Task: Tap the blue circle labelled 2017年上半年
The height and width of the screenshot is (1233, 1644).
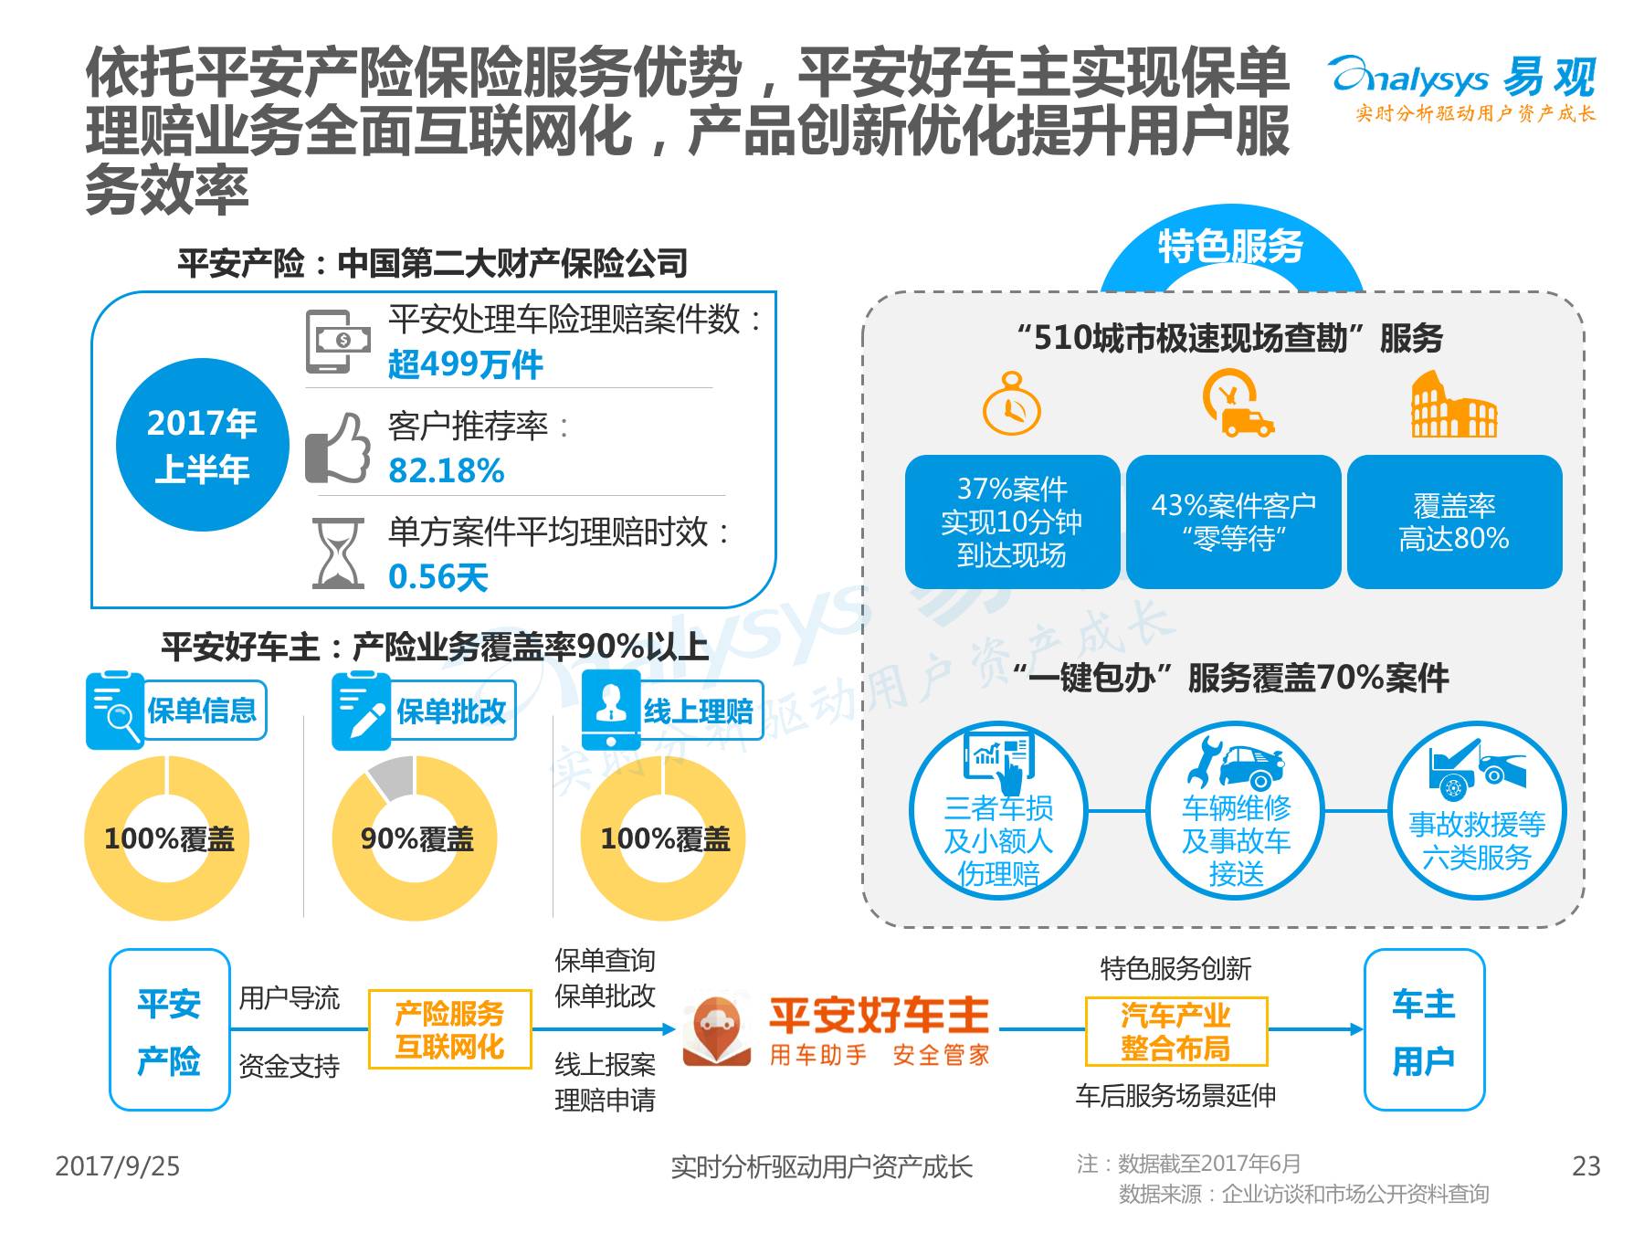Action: point(202,446)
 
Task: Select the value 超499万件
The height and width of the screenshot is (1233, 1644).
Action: point(465,364)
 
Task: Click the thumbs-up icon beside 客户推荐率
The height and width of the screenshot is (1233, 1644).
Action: point(338,448)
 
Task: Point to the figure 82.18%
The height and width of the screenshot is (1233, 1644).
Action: point(446,470)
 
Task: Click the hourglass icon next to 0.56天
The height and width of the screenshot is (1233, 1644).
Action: point(337,553)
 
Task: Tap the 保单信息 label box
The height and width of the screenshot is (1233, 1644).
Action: point(204,710)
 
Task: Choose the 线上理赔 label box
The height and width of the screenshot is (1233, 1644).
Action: point(699,711)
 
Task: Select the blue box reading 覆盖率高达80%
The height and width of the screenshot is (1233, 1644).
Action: point(1454,522)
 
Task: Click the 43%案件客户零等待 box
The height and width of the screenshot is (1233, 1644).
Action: point(1233,522)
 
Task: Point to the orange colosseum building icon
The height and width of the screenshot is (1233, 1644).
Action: point(1454,406)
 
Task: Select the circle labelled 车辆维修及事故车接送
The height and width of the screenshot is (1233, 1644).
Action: point(1235,811)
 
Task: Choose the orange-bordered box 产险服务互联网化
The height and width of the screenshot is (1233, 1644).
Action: point(449,1029)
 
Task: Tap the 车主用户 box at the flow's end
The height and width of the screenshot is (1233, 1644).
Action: point(1423,1030)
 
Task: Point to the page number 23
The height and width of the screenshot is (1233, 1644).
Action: point(1586,1166)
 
